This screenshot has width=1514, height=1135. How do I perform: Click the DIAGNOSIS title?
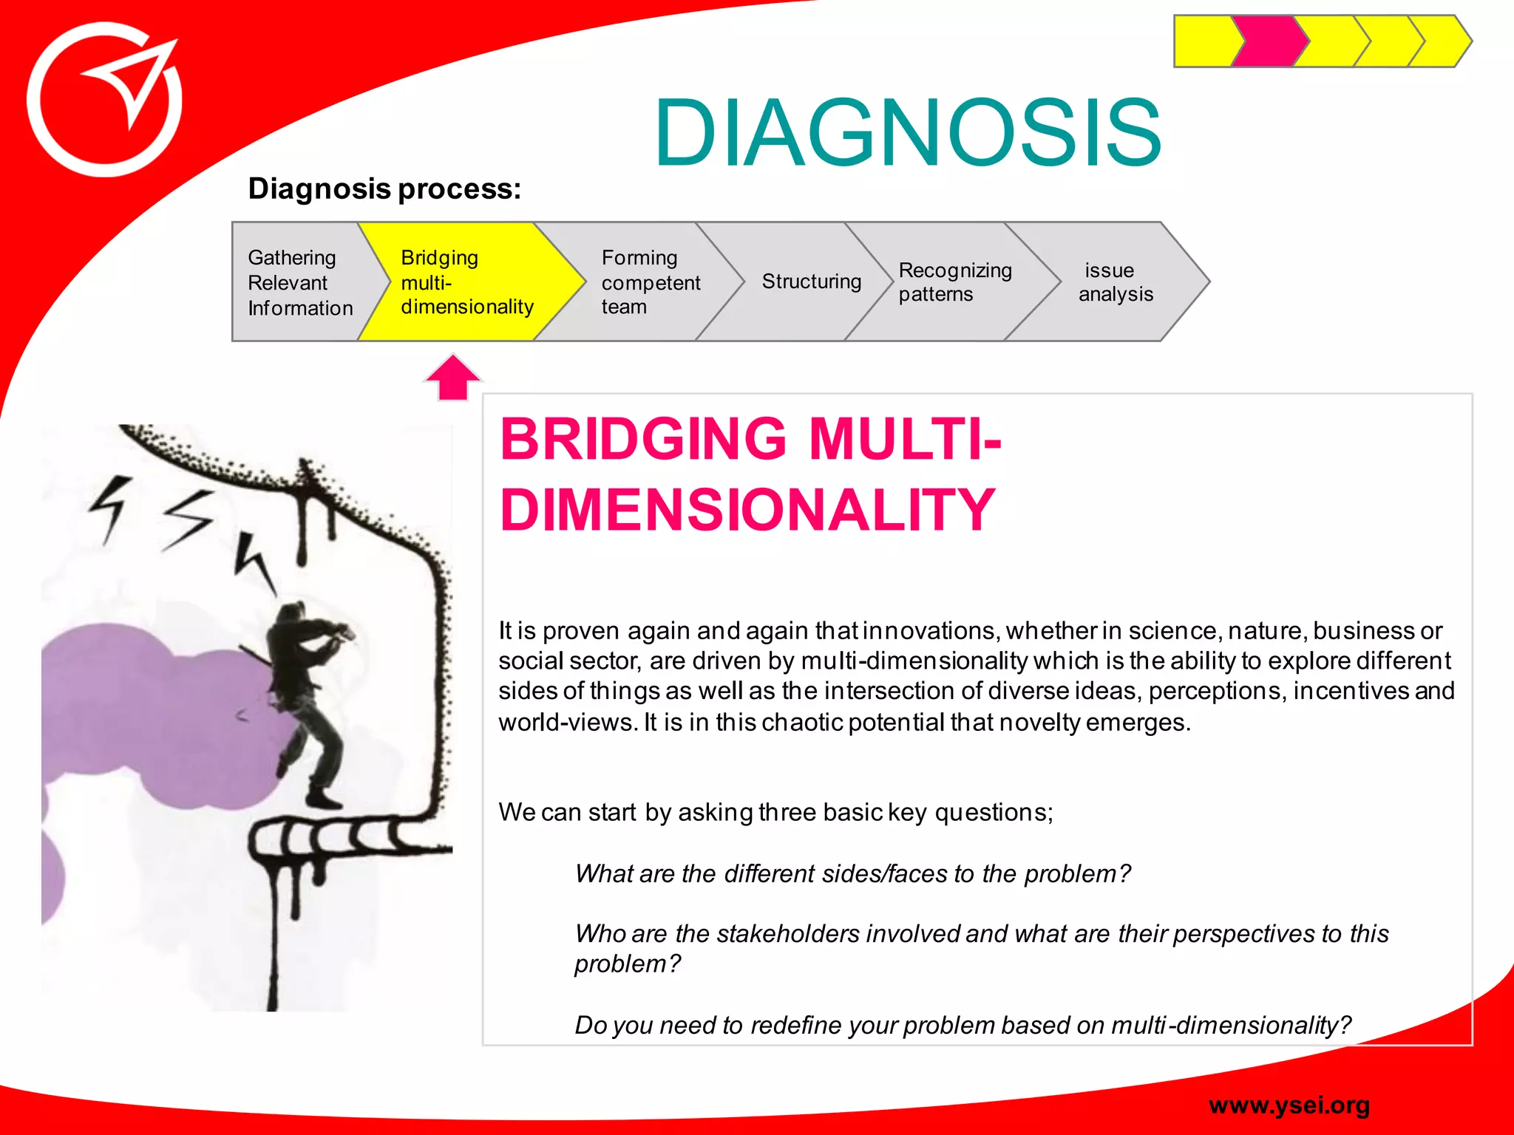(x=907, y=133)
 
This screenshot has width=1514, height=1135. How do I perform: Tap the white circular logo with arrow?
(x=104, y=100)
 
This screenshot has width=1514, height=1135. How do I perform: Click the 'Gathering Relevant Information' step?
(x=299, y=282)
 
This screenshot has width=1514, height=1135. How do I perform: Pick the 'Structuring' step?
(x=811, y=282)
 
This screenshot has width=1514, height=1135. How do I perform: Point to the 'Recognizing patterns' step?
(x=954, y=282)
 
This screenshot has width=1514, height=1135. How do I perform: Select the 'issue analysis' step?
(x=1115, y=282)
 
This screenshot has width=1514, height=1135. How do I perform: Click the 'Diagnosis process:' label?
(x=384, y=189)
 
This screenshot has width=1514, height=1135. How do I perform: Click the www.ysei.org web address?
(x=1289, y=1105)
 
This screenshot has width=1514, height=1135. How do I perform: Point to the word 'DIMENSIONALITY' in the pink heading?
(x=747, y=510)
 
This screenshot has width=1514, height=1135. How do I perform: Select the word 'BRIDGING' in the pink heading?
(x=643, y=440)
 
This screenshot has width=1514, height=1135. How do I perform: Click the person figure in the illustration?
(x=307, y=702)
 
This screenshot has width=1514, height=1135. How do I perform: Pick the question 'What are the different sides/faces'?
(x=852, y=874)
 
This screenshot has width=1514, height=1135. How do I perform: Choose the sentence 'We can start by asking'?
(x=775, y=813)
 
